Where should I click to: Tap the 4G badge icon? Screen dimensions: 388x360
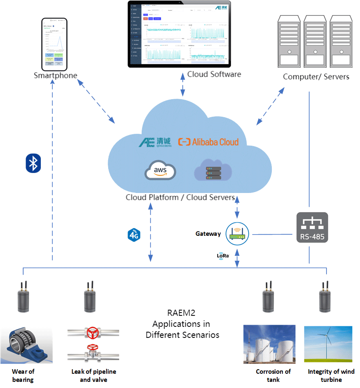pos(134,235)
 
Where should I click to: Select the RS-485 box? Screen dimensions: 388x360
pos(312,228)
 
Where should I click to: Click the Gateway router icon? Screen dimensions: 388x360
pos(237,234)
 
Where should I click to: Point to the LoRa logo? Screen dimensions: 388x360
pos(223,256)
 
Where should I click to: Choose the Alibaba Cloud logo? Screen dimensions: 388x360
pos(209,142)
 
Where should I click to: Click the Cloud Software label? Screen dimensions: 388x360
pos(214,74)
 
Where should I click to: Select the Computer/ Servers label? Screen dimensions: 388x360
pos(316,77)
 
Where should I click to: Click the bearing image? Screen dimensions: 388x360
pos(26,344)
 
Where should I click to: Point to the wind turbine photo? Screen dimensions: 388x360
pos(328,344)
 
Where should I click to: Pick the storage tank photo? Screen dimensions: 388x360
pos(269,344)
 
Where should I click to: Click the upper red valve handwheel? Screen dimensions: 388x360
pos(93,333)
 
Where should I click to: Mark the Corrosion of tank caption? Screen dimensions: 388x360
pos(273,375)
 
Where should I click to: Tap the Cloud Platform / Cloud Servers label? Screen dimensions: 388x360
pos(180,197)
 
